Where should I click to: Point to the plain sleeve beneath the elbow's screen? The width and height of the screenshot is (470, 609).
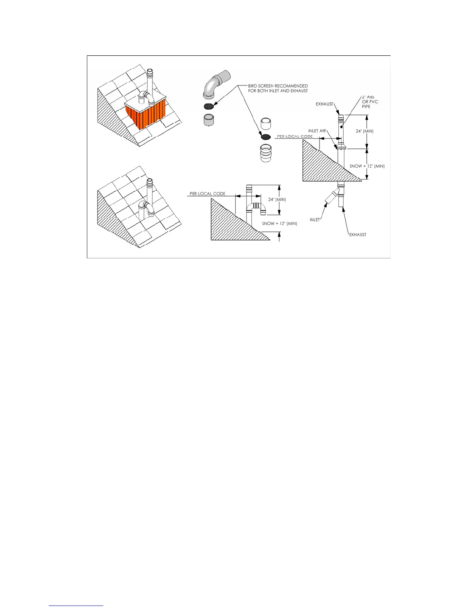click(209, 120)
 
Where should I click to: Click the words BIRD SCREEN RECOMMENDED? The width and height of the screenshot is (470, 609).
click(278, 86)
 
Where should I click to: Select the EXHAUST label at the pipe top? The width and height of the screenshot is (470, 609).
click(324, 104)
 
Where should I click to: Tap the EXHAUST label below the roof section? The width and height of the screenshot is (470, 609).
click(357, 235)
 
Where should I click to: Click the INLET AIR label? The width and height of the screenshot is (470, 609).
click(317, 131)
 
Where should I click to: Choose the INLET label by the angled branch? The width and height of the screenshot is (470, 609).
click(315, 220)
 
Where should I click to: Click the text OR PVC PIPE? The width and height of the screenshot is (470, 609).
click(370, 104)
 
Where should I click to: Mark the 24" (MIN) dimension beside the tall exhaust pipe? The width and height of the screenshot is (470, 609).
click(364, 131)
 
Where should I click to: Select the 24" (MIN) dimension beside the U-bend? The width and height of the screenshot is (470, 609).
click(277, 200)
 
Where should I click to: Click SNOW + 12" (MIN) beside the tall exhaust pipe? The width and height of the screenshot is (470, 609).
click(367, 166)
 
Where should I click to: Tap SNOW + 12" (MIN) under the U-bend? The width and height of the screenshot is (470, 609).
click(280, 223)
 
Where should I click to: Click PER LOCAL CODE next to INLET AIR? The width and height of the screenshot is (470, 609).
click(295, 136)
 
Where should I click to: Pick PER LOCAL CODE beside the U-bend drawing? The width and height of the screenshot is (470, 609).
click(207, 194)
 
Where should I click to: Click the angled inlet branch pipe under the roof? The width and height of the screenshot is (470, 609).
click(331, 197)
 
